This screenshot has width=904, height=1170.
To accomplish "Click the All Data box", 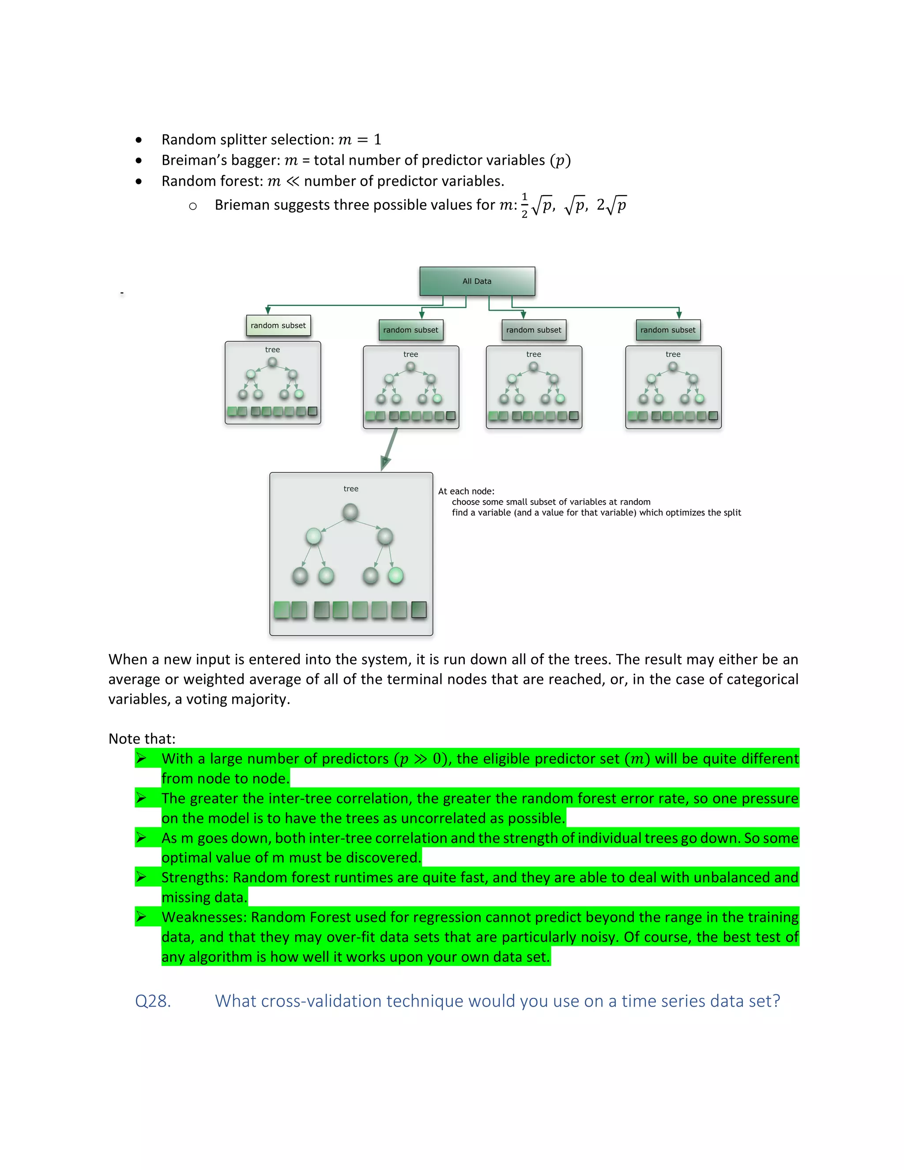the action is click(477, 281).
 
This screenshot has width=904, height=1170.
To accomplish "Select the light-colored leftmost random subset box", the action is click(278, 325).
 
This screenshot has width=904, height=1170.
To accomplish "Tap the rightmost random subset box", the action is click(668, 330).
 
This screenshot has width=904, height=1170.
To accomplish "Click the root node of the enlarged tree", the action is click(350, 512).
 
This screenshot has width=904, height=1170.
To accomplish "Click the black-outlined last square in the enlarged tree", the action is click(419, 610).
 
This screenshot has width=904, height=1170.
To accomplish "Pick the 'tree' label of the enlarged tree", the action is click(351, 489).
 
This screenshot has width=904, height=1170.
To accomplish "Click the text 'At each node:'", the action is click(466, 491).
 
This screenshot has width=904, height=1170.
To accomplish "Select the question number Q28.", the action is click(153, 1001).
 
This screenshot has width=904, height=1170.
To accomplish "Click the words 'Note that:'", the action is click(142, 739).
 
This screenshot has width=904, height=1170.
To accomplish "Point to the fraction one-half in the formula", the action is click(524, 205).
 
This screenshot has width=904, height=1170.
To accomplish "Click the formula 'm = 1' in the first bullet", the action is click(359, 140).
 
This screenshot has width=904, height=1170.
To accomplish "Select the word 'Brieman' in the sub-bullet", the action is click(241, 205).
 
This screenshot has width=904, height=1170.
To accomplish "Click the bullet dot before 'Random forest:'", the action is click(139, 181).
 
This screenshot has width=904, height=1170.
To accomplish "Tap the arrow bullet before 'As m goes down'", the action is click(141, 838).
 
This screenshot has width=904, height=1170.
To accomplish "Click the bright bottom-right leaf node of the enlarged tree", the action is click(395, 576).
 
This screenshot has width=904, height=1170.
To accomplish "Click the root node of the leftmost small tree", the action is click(273, 362).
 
